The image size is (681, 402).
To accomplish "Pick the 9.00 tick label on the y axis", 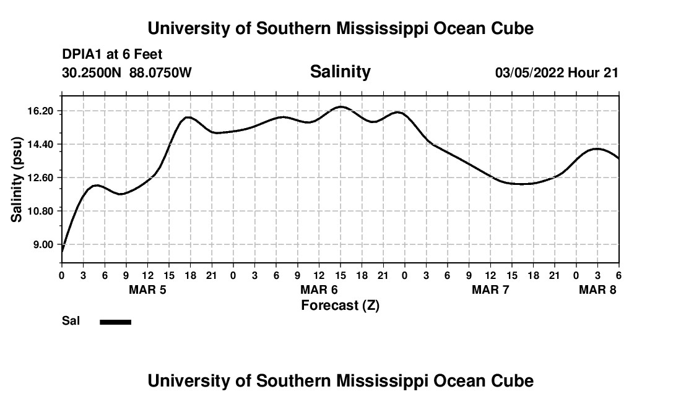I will (44, 244).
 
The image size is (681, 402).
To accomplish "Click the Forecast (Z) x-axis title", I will (340, 306).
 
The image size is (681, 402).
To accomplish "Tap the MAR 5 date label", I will (147, 289).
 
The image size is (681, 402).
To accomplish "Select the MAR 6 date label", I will (319, 289).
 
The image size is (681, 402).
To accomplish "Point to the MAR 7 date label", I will (490, 289).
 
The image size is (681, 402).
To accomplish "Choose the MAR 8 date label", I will (597, 289).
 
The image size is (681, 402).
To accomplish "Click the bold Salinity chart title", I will (340, 72).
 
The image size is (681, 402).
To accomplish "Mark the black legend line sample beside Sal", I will (116, 322).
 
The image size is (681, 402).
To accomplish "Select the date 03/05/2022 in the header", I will (529, 73).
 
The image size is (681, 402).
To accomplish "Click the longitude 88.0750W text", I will (161, 73).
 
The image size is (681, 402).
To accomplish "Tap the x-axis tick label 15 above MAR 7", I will (512, 275).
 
